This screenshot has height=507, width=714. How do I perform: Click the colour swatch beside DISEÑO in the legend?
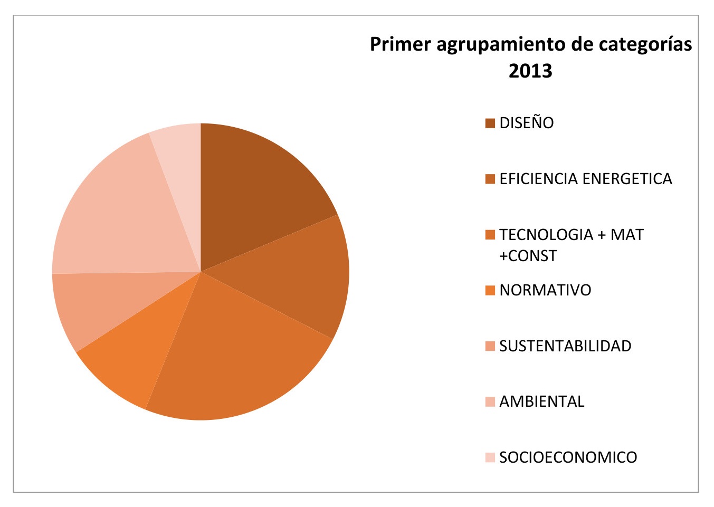click(x=490, y=123)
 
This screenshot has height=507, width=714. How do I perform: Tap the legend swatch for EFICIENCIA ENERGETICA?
click(x=490, y=179)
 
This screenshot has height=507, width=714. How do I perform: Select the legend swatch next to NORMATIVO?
click(x=490, y=290)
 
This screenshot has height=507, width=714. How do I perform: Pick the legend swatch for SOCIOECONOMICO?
click(x=490, y=457)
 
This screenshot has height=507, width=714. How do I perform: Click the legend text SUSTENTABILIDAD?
click(x=565, y=346)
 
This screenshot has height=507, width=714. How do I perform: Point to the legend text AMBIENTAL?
click(x=542, y=401)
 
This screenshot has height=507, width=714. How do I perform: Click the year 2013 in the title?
click(x=530, y=71)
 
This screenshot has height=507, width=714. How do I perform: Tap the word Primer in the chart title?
click(x=400, y=44)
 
